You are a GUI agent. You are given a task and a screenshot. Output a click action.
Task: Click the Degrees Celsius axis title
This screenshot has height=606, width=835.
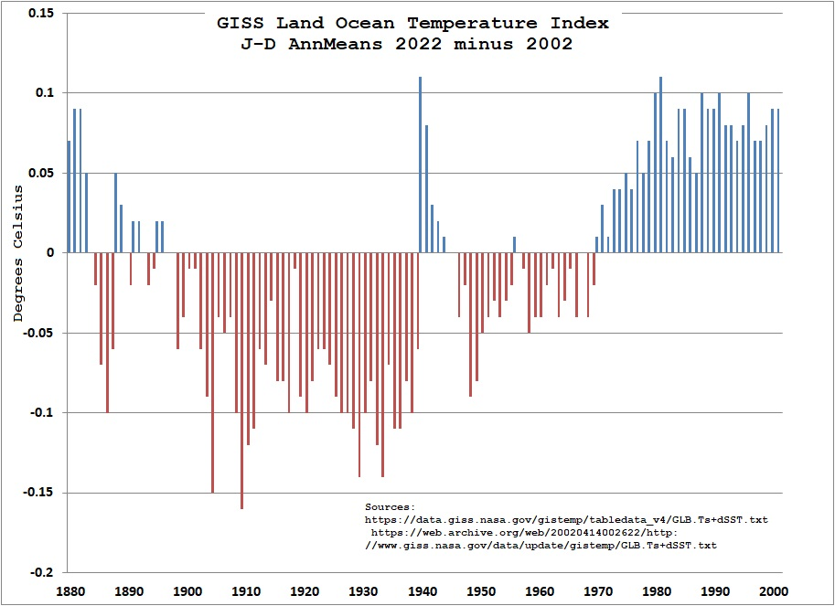point(17,253)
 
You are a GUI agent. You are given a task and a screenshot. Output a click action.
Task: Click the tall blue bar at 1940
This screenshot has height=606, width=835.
point(420,165)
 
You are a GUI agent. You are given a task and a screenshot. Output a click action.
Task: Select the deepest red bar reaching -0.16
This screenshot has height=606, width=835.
point(242,380)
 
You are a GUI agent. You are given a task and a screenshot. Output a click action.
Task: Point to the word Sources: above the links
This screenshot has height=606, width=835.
point(390,506)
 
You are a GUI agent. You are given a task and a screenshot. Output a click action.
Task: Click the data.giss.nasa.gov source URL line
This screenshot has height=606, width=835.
point(565,519)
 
